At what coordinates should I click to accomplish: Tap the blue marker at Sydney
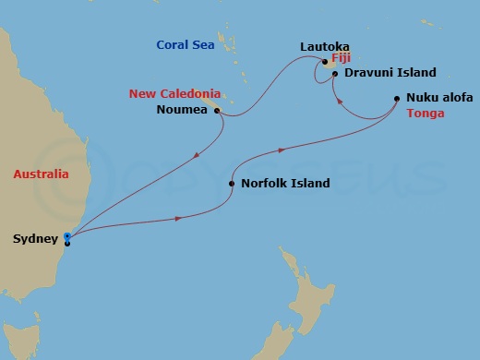point(67,238)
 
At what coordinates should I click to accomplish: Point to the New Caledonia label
point(174,93)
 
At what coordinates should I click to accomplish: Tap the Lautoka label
point(323,45)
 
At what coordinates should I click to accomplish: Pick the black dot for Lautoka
point(325,62)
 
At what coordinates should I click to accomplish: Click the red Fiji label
point(341,57)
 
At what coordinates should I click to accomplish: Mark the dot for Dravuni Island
point(335,73)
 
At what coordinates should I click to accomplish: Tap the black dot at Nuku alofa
point(397,98)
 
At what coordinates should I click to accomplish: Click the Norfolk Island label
point(284,184)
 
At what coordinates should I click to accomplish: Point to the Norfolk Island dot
point(231,184)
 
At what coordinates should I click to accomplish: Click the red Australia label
point(41,174)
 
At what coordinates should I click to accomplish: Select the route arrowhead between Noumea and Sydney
point(196,155)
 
